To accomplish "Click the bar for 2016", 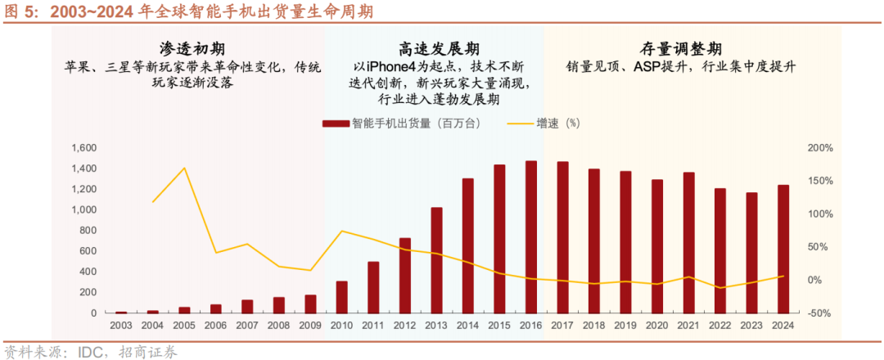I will pos(531,237).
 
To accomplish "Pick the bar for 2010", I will pos(342,297).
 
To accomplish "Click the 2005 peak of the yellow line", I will pos(184,168).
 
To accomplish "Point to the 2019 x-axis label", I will pos(625,326).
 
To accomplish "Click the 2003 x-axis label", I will pos(121,326).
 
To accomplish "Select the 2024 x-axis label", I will pos(783,326).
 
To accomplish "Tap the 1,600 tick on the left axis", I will pos(84,148).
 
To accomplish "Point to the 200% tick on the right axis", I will pos(820,148).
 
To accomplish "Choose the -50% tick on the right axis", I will pos(820,313).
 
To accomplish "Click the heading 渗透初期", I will pos(187,48).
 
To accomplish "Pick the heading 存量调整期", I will pos(682,48).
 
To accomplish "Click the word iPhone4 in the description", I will pos(395,66).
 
